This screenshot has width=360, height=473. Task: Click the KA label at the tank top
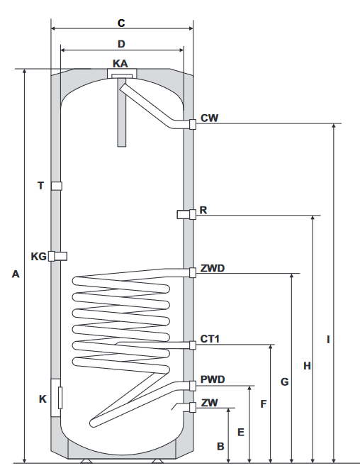click(120, 64)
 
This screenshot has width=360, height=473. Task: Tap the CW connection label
click(209, 118)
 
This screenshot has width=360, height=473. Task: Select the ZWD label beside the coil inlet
click(213, 268)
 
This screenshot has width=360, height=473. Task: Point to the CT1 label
click(210, 339)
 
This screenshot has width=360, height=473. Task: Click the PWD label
click(213, 379)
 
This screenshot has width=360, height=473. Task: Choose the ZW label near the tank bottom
click(209, 403)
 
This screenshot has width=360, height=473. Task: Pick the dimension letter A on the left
click(16, 274)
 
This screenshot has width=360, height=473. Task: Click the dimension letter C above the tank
click(121, 23)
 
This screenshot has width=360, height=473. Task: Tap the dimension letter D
click(121, 44)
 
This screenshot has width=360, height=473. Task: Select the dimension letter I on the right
click(328, 340)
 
